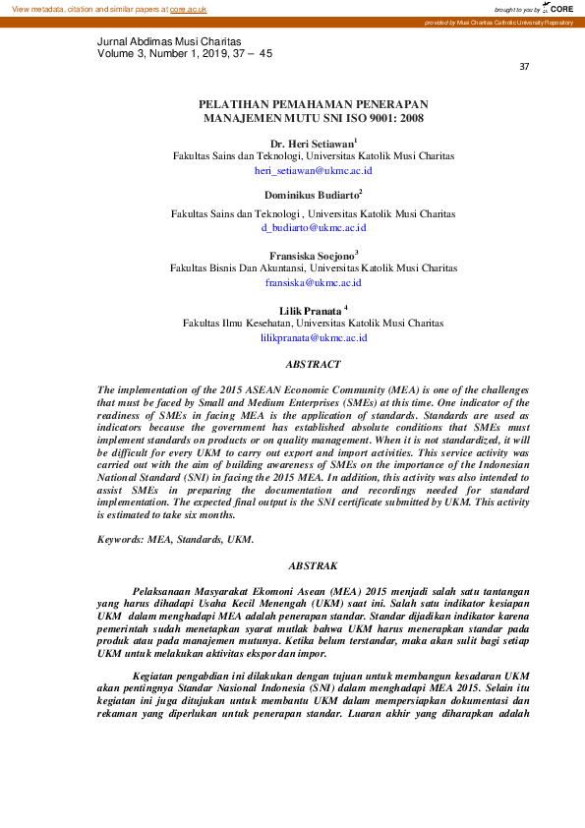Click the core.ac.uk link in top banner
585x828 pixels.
pos(188,9)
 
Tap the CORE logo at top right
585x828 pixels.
pos(563,9)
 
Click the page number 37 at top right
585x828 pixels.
pos(524,67)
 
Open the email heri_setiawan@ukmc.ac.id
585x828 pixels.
pos(313,170)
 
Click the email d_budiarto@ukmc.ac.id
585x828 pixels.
pos(313,227)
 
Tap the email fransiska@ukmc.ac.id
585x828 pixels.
pos(313,282)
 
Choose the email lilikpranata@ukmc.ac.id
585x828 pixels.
pos(313,337)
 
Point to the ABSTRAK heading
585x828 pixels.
pos(313,565)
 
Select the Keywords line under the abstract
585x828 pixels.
pos(175,539)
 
